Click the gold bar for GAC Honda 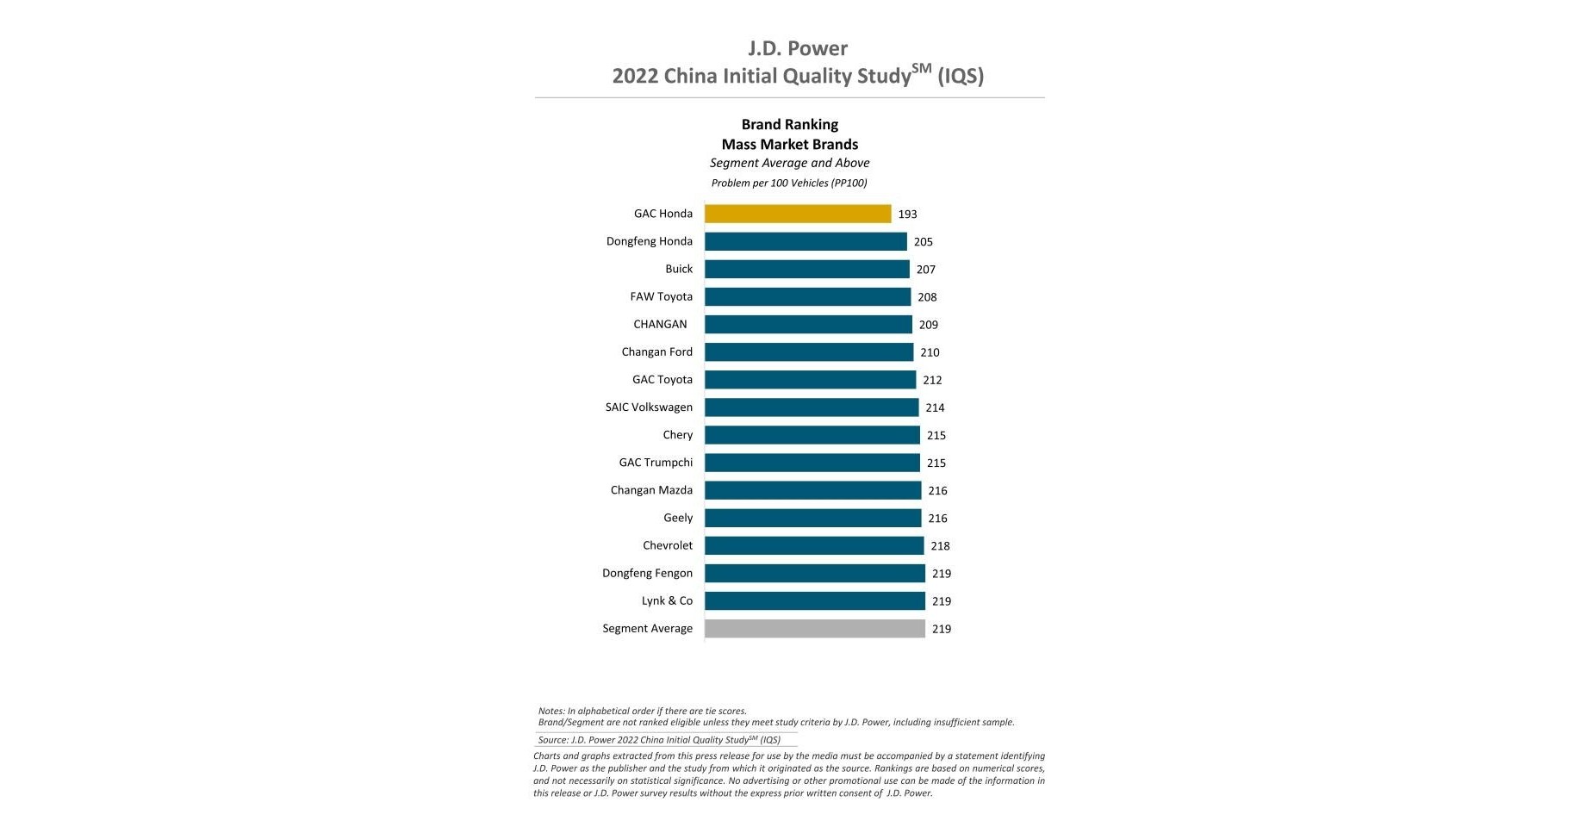click(797, 214)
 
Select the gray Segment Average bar click(814, 629)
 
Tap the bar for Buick click(806, 269)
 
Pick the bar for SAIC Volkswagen click(811, 407)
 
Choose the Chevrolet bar click(813, 545)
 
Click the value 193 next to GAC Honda click(907, 214)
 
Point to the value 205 click(923, 242)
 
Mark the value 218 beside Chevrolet click(940, 546)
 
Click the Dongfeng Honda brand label click(649, 241)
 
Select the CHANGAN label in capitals click(660, 324)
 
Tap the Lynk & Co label click(667, 600)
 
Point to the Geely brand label click(678, 518)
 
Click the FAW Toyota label click(661, 296)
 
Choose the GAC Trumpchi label click(656, 463)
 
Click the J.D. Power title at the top click(798, 48)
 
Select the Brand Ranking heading click(789, 124)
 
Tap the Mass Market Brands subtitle click(789, 144)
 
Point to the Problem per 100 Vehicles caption click(789, 183)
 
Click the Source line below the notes click(659, 740)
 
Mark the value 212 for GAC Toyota click(932, 380)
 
